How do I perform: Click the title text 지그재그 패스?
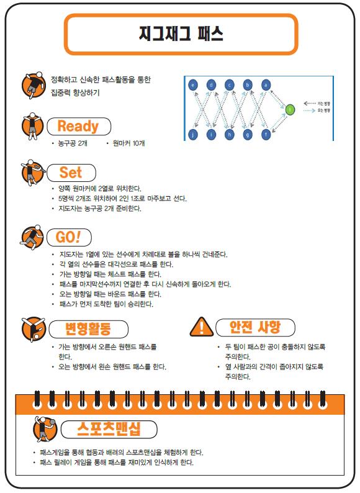tap(181, 34)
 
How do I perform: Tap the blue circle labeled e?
tap(193, 85)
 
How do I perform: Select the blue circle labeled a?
tap(266, 85)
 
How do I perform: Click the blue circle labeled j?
tap(193, 135)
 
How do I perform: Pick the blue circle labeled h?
tap(230, 135)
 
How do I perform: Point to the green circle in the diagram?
tap(290, 109)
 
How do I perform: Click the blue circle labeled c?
tap(230, 85)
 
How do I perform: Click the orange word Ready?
tap(78, 126)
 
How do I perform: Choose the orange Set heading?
tap(70, 172)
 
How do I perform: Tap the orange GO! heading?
tap(68, 237)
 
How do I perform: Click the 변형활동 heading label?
tap(88, 328)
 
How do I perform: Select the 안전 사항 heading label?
tap(254, 327)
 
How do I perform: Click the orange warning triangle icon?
tap(202, 327)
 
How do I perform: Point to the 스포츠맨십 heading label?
tap(109, 429)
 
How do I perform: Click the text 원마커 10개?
tap(128, 143)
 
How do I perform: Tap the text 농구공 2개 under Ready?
tap(73, 143)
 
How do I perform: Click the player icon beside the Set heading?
tap(32, 173)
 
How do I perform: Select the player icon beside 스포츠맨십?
tap(45, 428)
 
